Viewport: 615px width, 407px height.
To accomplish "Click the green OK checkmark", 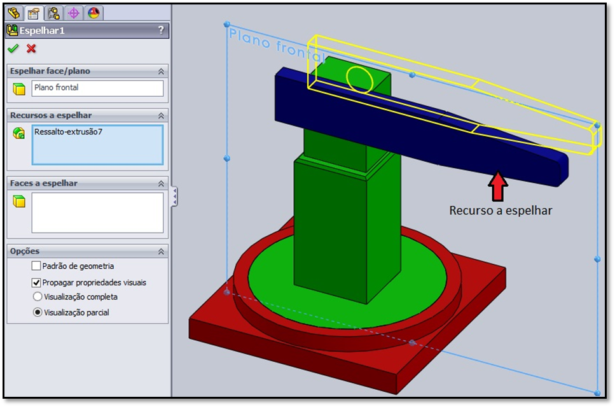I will click(13, 48).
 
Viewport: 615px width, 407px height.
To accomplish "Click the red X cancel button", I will click(31, 48).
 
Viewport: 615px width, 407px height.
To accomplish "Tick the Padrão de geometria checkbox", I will click(36, 266).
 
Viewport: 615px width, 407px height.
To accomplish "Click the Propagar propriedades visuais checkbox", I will click(36, 282).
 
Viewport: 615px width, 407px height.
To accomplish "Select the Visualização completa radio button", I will click(37, 297).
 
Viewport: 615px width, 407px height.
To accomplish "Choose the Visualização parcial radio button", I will click(37, 313).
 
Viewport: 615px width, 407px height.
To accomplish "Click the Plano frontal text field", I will click(97, 88).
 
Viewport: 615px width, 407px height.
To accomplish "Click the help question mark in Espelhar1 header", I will click(161, 30).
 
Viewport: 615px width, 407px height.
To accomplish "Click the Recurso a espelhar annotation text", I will click(501, 210).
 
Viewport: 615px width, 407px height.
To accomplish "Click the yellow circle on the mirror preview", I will click(359, 80).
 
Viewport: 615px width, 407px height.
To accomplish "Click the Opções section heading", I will click(25, 252).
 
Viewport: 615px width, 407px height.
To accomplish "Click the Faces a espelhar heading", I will click(43, 183).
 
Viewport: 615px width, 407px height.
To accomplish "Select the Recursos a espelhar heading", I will click(50, 115).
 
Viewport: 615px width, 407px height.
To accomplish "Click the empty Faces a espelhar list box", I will click(97, 213).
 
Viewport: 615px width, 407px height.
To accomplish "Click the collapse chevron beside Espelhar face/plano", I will click(161, 71).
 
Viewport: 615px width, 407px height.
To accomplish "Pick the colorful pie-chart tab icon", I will click(93, 13).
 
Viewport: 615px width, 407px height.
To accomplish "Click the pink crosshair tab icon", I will click(73, 13).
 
